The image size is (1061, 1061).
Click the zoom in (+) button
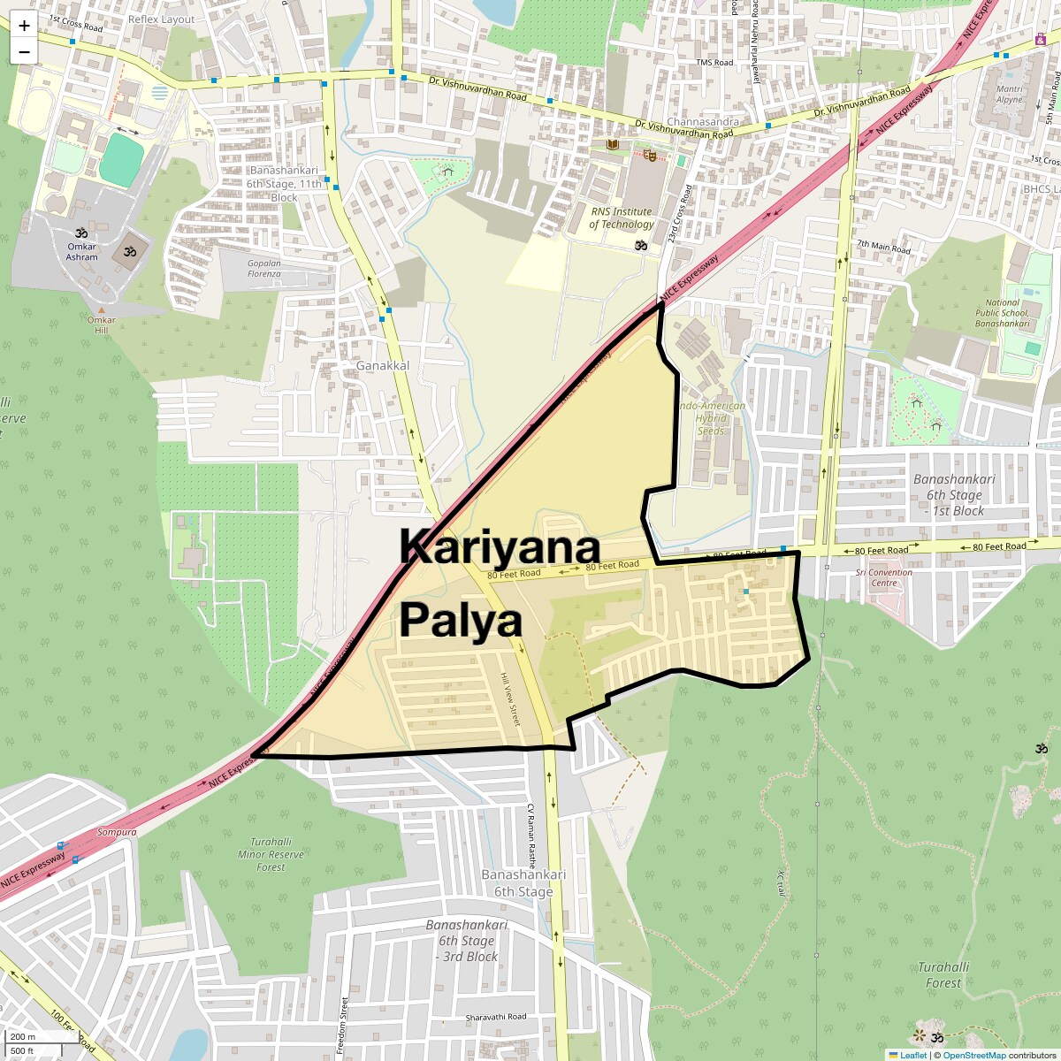coord(24,26)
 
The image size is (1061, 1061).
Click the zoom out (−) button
coord(24,51)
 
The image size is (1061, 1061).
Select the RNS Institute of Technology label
coord(621,218)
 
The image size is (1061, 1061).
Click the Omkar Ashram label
coord(82,252)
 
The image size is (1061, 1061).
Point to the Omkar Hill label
coord(102,325)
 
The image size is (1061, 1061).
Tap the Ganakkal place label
coord(383,365)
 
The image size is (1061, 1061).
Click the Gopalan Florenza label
coord(264,269)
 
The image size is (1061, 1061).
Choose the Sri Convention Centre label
coord(883,577)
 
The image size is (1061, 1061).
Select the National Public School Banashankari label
coord(1002,313)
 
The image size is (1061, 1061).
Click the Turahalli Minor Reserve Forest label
coord(271,854)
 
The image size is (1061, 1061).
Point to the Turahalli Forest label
coord(943,974)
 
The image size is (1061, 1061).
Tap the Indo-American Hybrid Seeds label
coord(711,418)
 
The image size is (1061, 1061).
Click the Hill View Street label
coord(510,698)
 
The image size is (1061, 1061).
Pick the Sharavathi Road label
coord(496,1017)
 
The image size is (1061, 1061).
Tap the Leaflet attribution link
coord(913,1055)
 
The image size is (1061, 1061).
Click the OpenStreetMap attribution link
coord(974,1055)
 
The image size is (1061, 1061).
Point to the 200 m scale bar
coord(24,1037)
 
